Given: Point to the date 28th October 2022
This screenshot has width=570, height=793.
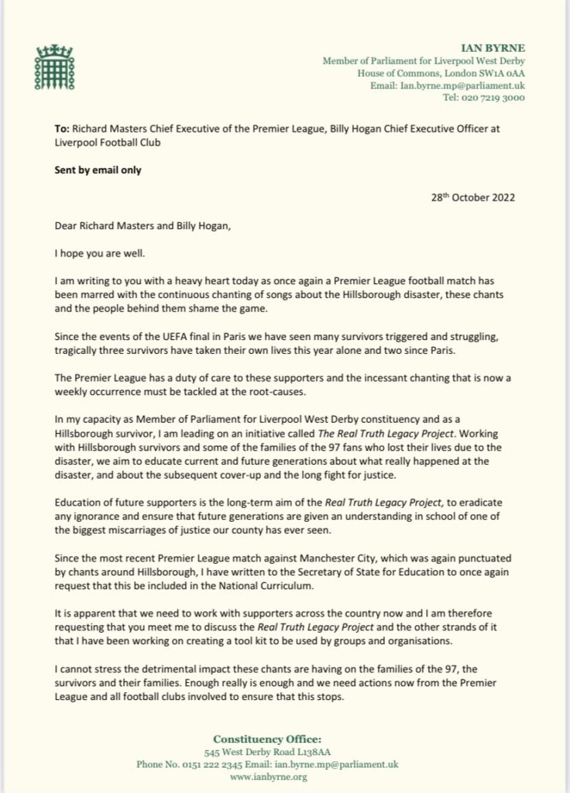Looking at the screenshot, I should [x=472, y=197].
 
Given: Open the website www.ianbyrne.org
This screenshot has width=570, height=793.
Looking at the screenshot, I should [x=284, y=776].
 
